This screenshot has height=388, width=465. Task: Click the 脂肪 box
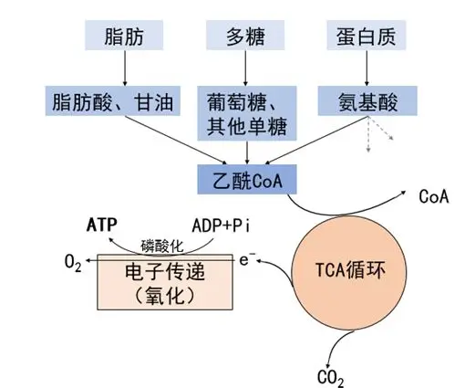coord(124,36)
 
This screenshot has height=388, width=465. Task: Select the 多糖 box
coord(245,36)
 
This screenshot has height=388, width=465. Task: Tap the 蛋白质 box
coord(367,36)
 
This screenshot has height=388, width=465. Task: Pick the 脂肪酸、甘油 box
coord(113,100)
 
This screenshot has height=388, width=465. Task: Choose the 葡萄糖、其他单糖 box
coord(247,113)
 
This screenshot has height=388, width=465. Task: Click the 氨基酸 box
coord(367,100)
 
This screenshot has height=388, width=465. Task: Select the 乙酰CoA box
coord(247,180)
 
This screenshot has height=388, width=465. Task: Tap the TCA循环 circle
coord(349,274)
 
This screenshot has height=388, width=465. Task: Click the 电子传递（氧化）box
coord(165,282)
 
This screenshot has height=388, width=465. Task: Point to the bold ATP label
coord(102,225)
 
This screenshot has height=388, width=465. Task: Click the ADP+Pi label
coord(221,226)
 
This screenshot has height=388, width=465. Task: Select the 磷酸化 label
coord(162,246)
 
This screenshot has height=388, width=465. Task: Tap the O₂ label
coord(73,263)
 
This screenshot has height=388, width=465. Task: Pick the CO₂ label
coord(331,378)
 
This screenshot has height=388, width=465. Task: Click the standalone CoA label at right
coord(434,196)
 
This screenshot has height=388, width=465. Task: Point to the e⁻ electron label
coord(247,259)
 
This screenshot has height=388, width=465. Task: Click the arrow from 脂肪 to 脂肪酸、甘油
coord(125,68)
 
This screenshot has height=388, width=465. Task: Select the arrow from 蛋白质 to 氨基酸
coord(367,68)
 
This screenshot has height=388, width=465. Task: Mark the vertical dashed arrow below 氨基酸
coord(368,134)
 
